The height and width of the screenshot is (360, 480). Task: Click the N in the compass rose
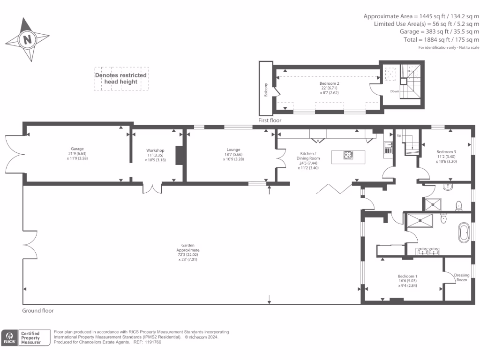click(28, 39)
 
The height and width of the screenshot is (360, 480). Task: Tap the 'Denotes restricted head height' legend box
click(121, 78)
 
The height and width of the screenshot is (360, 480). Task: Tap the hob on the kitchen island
click(348, 155)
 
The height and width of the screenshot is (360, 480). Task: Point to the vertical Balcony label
click(266, 89)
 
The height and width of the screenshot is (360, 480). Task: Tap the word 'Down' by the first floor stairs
click(395, 91)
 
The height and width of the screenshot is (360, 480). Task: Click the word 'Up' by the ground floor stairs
click(399, 135)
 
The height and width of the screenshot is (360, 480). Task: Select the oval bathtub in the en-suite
click(465, 232)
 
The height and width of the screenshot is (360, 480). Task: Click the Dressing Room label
click(462, 277)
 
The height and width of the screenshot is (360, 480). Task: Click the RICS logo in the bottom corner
click(9, 337)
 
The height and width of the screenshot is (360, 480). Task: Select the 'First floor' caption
click(270, 120)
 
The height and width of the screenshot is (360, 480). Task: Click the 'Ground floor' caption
click(38, 311)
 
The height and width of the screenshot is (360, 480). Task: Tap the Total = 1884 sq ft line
click(441, 40)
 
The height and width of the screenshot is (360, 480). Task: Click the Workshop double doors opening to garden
click(153, 188)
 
